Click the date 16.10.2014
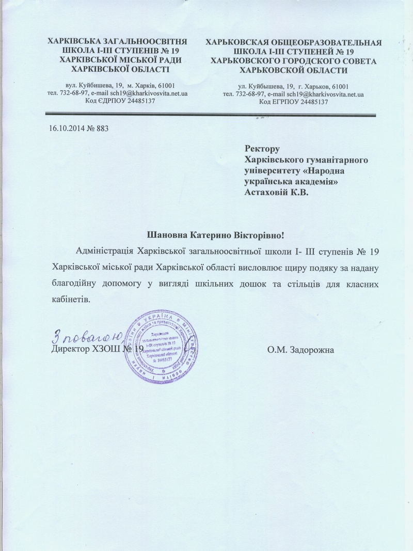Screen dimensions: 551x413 coord(66,128)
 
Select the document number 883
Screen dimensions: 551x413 coord(102,128)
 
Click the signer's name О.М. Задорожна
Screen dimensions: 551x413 coord(301,350)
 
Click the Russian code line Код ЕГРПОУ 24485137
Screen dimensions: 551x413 coord(294,102)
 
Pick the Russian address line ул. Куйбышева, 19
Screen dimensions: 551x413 coord(294,86)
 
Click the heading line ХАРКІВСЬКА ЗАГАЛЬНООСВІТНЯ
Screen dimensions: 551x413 coord(117,40)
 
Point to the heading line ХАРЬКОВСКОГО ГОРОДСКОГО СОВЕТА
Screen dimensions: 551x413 coord(294,61)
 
